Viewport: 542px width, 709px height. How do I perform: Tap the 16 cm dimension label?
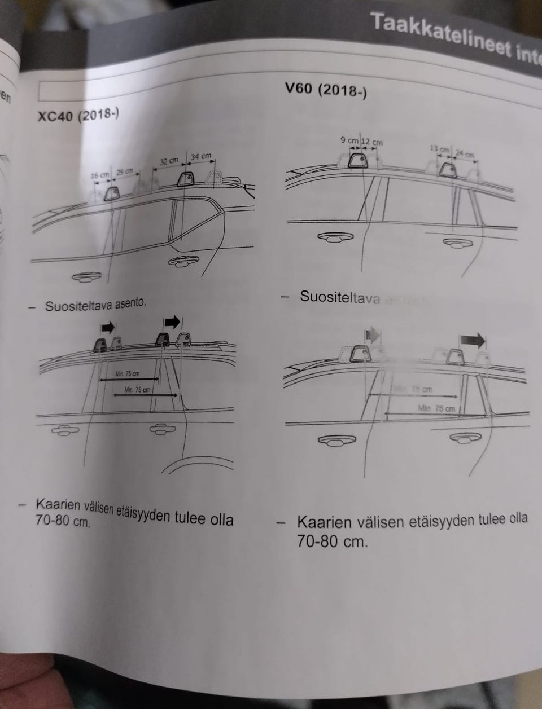[100, 175]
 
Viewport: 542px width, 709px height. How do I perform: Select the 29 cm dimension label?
[124, 171]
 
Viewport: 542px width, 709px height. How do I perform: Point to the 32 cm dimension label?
[169, 161]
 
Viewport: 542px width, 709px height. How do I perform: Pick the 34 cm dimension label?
[201, 156]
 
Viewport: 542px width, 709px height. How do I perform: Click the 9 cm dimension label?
[349, 140]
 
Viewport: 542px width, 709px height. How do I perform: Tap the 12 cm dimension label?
[372, 142]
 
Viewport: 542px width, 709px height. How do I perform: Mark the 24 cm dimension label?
[465, 154]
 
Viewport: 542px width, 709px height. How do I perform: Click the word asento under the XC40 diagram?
[130, 303]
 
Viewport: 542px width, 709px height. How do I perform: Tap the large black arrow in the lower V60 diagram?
[472, 340]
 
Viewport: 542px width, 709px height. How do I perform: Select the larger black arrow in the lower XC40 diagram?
[172, 322]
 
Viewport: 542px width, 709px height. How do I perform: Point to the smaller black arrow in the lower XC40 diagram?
[108, 327]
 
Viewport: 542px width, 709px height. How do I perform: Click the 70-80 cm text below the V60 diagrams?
[332, 542]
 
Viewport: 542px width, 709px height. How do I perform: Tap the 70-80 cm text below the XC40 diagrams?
[62, 521]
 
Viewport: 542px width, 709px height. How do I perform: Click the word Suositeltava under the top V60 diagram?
[339, 297]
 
